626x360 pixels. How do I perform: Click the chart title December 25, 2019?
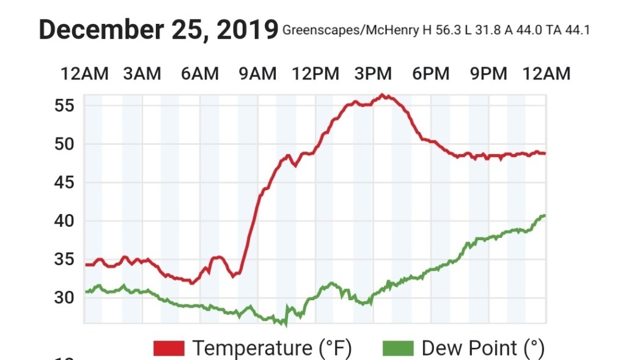pos(158,29)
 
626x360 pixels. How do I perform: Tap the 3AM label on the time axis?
pos(142,75)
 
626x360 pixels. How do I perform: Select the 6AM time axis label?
pos(199,75)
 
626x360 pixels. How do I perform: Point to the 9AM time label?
pos(257,75)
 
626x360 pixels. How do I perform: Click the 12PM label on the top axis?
pos(315,75)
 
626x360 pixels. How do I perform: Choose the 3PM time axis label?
pos(373,75)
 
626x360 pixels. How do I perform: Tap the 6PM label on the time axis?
pos(431,75)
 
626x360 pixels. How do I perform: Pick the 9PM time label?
pos(488,75)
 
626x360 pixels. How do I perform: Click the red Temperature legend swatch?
pos(169,348)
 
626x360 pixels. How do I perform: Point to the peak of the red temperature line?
pos(383,95)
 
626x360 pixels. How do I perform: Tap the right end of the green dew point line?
pos(544,215)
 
